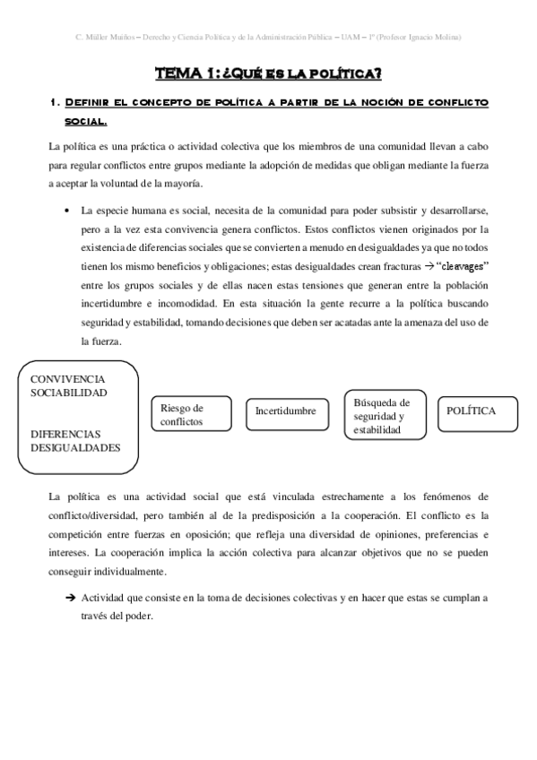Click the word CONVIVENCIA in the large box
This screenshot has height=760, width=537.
(67, 379)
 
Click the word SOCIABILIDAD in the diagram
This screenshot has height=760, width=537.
(68, 393)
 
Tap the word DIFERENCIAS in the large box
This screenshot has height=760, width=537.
(65, 433)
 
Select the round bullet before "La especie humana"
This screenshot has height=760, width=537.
(69, 211)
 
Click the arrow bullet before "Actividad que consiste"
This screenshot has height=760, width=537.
(69, 598)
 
